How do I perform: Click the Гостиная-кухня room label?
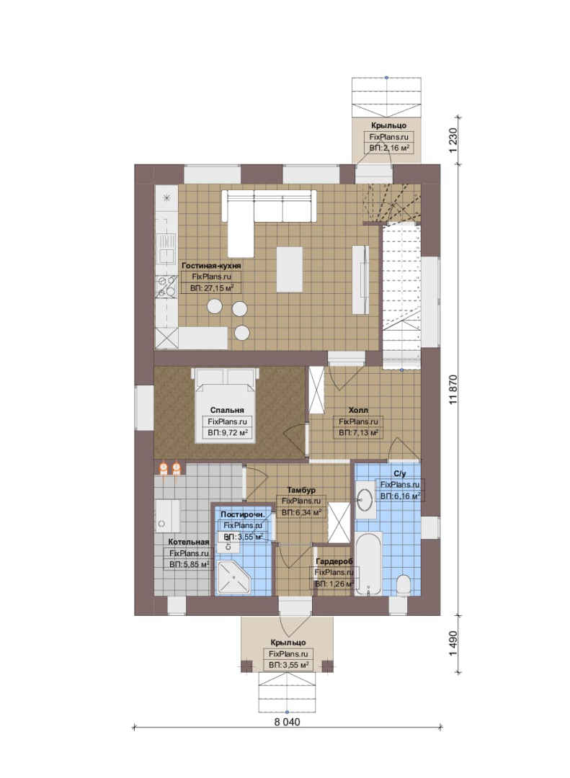point(211,265)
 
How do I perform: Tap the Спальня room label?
point(227,411)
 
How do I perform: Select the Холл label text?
point(358,411)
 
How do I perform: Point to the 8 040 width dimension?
point(287,722)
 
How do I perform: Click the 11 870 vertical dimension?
point(453,390)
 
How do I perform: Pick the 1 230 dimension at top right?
point(453,141)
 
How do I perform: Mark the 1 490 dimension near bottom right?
point(453,643)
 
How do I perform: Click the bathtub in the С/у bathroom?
point(368,563)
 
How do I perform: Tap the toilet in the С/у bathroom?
point(404,585)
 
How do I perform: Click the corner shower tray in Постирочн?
point(234,578)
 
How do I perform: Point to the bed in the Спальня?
point(226,405)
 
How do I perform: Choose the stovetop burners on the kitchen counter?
point(166,287)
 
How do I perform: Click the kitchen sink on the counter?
point(166,248)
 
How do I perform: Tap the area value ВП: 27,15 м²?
point(212,287)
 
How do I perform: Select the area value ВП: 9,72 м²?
point(228,433)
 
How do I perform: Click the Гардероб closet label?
point(334,561)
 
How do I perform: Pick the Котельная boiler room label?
point(188,542)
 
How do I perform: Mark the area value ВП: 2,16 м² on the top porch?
point(389,148)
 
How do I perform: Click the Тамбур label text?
point(301,491)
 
